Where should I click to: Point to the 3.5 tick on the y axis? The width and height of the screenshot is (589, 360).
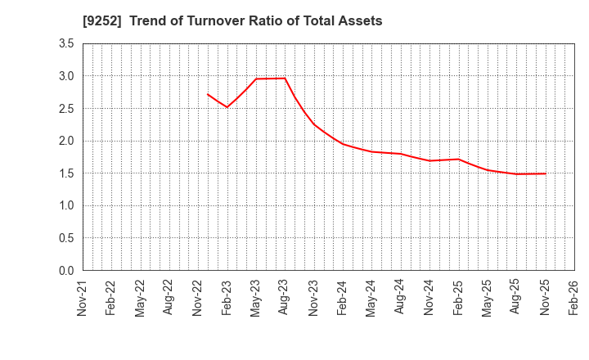click(66, 43)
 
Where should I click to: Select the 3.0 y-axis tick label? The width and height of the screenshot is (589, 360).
click(66, 76)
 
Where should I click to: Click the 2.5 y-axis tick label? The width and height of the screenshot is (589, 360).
click(66, 108)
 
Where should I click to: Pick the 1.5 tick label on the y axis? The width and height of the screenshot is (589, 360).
click(66, 173)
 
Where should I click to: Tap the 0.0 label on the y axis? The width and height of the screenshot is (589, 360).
click(66, 271)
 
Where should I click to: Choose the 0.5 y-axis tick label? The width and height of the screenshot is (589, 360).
click(66, 238)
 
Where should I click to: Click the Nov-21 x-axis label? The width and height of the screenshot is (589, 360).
click(83, 298)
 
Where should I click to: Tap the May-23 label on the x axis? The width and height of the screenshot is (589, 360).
click(256, 298)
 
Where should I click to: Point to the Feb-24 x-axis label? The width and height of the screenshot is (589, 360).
click(343, 298)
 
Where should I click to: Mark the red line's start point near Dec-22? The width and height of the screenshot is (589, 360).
click(208, 94)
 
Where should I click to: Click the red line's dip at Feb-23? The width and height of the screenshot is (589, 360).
click(227, 107)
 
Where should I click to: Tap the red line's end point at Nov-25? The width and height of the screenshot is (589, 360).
click(545, 173)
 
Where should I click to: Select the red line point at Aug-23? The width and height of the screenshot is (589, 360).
click(285, 79)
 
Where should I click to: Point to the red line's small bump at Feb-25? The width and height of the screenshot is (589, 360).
click(458, 160)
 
